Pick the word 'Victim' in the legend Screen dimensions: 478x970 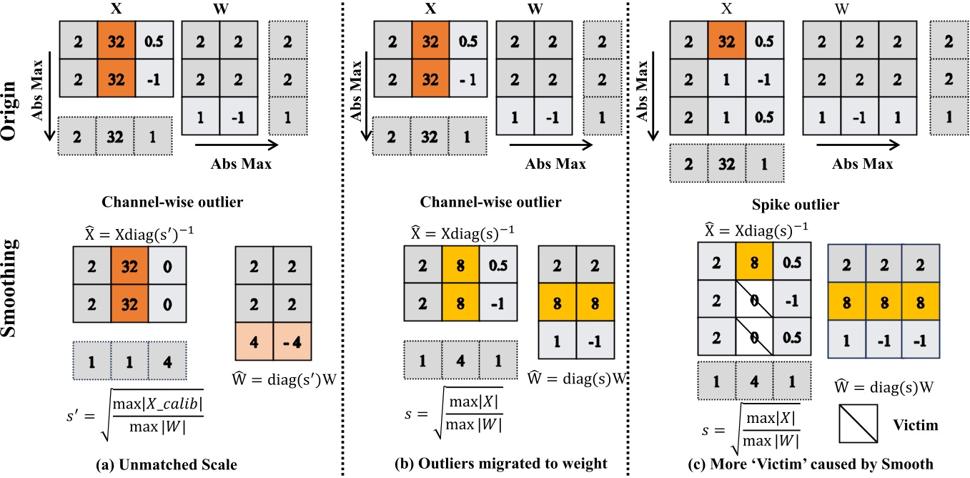coord(916,425)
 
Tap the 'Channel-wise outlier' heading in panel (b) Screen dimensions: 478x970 coord(500,203)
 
